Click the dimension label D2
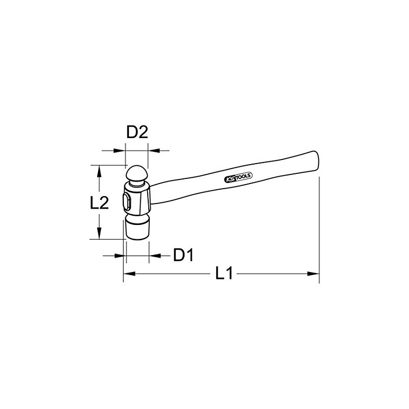click(x=137, y=133)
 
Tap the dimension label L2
click(x=99, y=203)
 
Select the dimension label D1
click(x=183, y=255)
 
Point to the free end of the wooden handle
click(x=316, y=158)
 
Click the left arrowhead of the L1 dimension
click(x=128, y=274)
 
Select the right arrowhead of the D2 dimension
click(x=153, y=150)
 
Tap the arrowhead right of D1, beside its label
click(x=154, y=255)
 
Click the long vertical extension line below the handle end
click(x=319, y=230)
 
